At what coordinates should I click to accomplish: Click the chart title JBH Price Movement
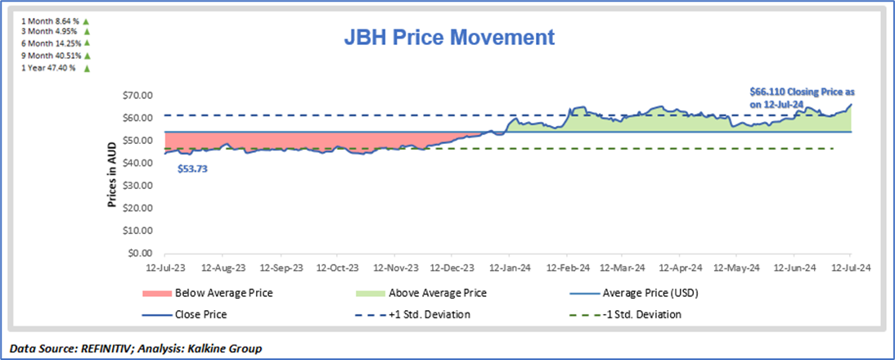(x=449, y=37)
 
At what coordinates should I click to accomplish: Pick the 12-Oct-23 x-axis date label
(x=338, y=267)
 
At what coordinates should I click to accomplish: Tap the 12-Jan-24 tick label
(x=510, y=267)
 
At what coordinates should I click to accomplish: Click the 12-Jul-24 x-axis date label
(x=850, y=267)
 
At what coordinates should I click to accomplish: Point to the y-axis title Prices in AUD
(x=113, y=174)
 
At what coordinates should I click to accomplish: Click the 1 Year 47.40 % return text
(x=47, y=68)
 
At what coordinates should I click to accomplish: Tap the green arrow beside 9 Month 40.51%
(x=86, y=55)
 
